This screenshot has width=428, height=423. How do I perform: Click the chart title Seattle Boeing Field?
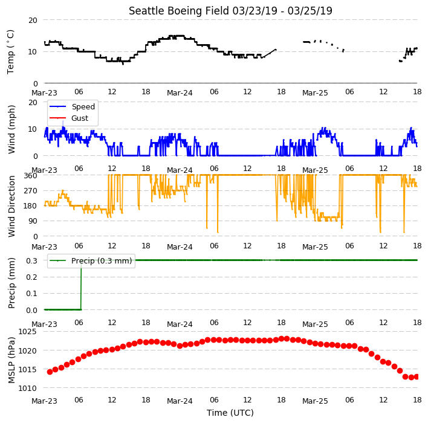pyautogui.click(x=179, y=11)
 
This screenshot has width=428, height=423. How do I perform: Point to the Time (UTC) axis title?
pyautogui.click(x=230, y=413)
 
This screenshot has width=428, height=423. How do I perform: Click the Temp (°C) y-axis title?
pyautogui.click(x=10, y=52)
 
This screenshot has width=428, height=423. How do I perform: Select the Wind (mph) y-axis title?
pyautogui.click(x=11, y=130)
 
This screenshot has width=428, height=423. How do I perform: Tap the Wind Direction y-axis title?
pyautogui.click(x=11, y=206)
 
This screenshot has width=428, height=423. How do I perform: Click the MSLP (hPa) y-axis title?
pyautogui.click(x=11, y=360)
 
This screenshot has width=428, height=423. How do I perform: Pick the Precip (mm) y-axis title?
pyautogui.click(x=11, y=283)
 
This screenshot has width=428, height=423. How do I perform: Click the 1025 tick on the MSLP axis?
pyautogui.click(x=27, y=332)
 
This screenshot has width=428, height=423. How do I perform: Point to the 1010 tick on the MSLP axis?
pyautogui.click(x=27, y=388)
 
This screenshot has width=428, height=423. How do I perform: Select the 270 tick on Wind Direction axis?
pyautogui.click(x=31, y=190)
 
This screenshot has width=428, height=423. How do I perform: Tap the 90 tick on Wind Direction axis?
pyautogui.click(x=33, y=221)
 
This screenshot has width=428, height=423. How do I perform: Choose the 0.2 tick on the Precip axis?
pyautogui.click(x=31, y=277)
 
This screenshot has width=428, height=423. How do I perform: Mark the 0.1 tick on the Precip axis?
pyautogui.click(x=31, y=293)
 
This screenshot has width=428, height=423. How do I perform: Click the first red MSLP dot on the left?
pyautogui.click(x=50, y=372)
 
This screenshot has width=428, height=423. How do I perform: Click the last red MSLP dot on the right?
pyautogui.click(x=417, y=376)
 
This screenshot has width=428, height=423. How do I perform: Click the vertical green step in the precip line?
pyautogui.click(x=81, y=285)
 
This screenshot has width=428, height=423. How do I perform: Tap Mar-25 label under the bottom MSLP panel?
pyautogui.click(x=315, y=401)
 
